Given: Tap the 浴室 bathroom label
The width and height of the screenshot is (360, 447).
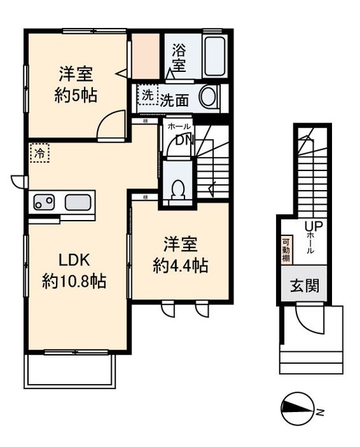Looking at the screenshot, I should pos(179,57).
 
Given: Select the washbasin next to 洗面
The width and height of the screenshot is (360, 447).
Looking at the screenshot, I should pos(208,98).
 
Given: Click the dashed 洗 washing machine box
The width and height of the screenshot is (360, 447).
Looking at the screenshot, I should pos(147,96).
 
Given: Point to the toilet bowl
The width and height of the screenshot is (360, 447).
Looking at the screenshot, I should pos(178,189).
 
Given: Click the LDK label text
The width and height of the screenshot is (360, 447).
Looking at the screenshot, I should pos(73,260).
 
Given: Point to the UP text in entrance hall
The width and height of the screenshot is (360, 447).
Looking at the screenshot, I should pos(310,226).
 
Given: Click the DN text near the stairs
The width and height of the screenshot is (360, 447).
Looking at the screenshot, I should pos(183,140).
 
